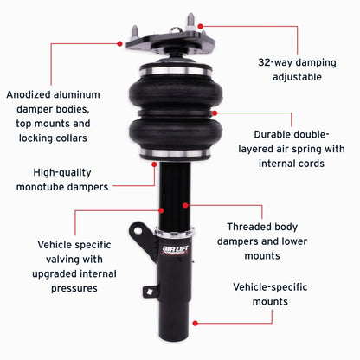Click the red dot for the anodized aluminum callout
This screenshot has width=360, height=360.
click(119, 42)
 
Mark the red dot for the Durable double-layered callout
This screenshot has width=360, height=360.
click(214, 112)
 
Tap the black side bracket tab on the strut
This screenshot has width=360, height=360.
click(139, 235)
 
